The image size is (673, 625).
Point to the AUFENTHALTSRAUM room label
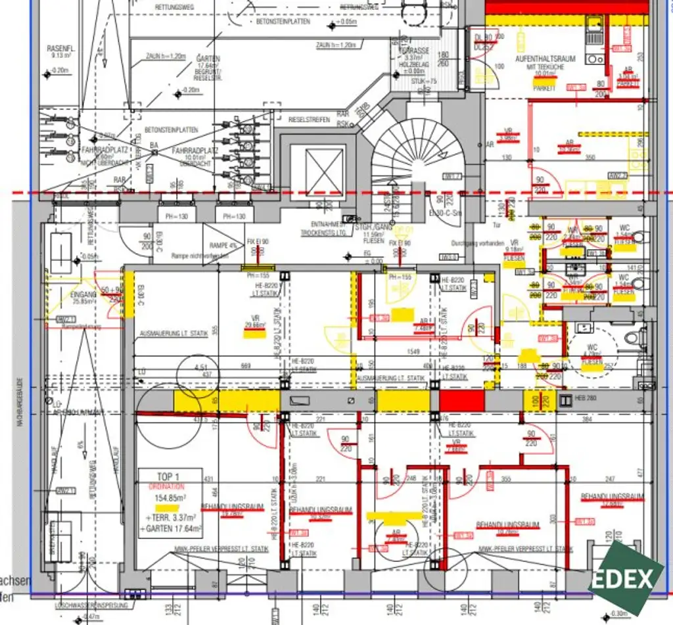pyautogui.click(x=545, y=59)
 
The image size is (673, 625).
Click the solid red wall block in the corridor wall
pyautogui.click(x=461, y=400)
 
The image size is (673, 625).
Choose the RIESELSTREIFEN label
pyautogui.click(x=312, y=120)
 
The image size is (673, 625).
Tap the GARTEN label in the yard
pyautogui.click(x=208, y=58)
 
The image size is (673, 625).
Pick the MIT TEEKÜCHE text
pyautogui.click(x=545, y=67)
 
